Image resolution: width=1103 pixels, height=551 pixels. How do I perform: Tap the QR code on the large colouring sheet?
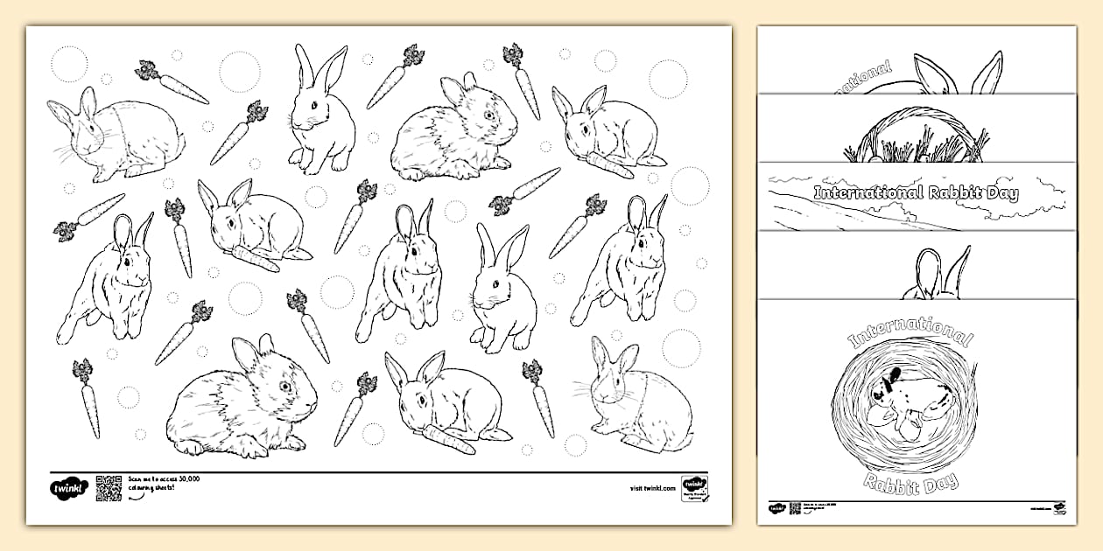click(x=108, y=488)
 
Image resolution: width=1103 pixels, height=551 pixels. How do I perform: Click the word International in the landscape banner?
click(x=863, y=193)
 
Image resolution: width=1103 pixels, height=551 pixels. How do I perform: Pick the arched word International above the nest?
click(x=910, y=330)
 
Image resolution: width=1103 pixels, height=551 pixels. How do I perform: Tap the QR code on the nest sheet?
click(x=795, y=508)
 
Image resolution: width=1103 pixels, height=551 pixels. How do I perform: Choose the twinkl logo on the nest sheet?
click(x=777, y=508)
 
